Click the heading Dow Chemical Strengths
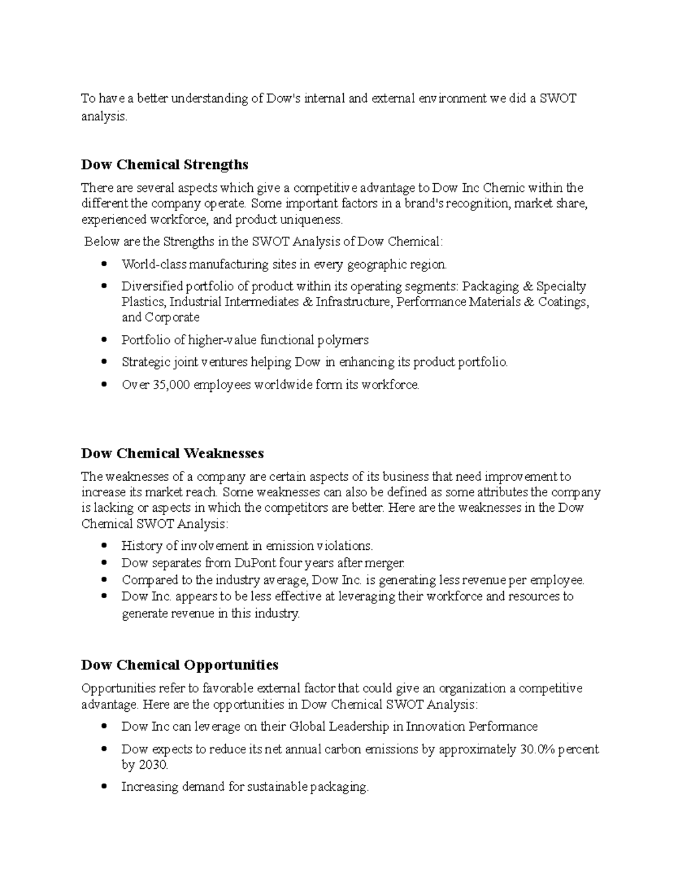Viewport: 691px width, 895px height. click(165, 165)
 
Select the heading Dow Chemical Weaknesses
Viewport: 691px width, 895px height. click(172, 454)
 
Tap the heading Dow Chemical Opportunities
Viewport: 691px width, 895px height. click(180, 665)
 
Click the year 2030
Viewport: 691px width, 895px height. click(153, 765)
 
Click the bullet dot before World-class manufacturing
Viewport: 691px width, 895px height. click(104, 265)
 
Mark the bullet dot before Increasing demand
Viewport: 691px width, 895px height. click(104, 787)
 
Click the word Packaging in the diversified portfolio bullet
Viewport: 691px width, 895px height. click(490, 286)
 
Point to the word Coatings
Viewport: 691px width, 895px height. click(563, 302)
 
